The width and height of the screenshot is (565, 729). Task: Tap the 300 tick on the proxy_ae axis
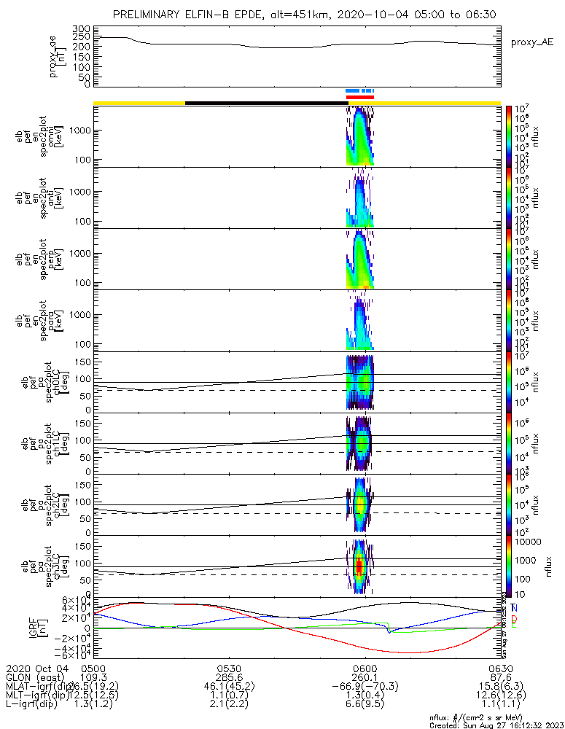pyautogui.click(x=81, y=28)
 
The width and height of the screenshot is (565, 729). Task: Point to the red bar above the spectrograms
pyautogui.click(x=359, y=97)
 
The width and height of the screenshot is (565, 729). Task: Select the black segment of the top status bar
pyautogui.click(x=266, y=103)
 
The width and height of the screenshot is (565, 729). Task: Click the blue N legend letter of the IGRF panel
pyautogui.click(x=515, y=608)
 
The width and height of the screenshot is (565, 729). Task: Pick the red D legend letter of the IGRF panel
pyautogui.click(x=515, y=617)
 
